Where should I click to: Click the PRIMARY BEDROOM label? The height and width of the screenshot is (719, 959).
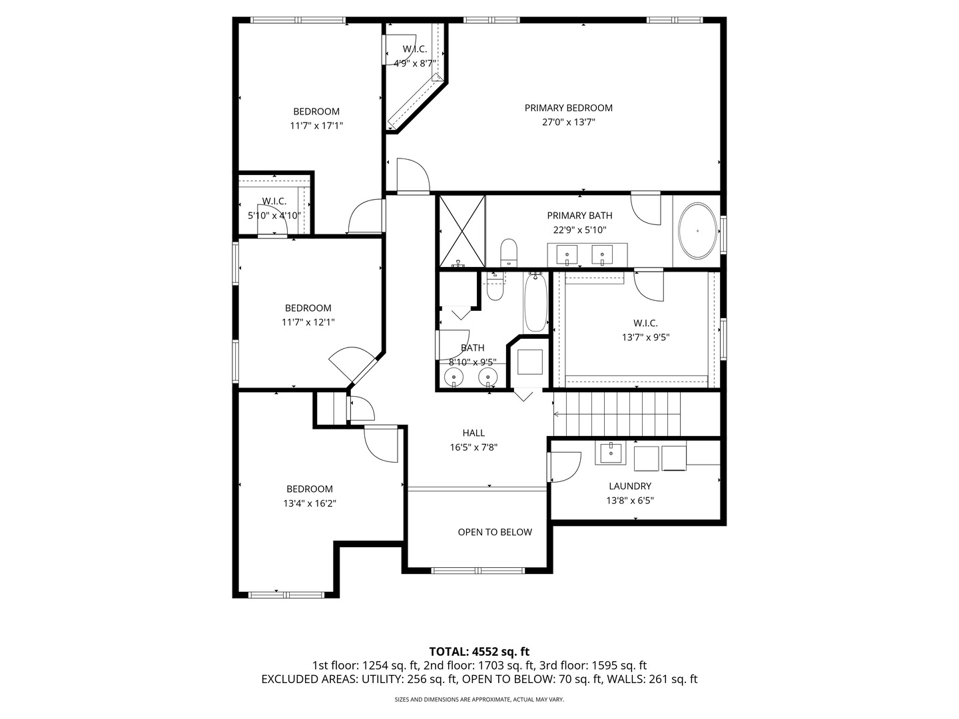(568, 108)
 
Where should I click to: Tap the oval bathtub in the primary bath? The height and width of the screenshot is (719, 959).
(697, 231)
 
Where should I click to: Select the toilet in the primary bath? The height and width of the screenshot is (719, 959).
(509, 253)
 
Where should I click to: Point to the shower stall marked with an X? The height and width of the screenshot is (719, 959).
(462, 230)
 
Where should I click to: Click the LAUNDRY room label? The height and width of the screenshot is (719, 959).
(629, 486)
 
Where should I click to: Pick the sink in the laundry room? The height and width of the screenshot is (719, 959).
(611, 453)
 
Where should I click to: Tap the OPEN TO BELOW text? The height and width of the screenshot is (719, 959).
(495, 532)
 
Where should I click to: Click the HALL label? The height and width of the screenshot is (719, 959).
(474, 433)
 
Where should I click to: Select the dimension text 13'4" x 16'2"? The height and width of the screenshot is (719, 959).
(310, 503)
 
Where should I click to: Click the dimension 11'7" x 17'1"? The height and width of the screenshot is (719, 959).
(316, 125)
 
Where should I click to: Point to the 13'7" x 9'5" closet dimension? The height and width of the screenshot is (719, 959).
(645, 337)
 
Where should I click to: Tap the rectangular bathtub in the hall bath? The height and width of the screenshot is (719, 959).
(535, 303)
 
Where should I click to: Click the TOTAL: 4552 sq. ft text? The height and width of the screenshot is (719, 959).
(479, 651)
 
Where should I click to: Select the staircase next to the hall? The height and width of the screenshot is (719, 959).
(617, 413)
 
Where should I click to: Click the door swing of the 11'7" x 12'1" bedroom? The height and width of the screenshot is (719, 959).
(351, 365)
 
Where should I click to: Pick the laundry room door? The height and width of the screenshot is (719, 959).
(563, 467)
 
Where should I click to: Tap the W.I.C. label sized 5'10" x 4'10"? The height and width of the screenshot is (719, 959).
(274, 201)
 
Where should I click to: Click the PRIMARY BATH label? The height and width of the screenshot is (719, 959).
(579, 216)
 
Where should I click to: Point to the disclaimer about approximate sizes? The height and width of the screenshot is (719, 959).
(479, 700)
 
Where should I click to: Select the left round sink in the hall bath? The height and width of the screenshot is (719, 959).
(455, 378)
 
